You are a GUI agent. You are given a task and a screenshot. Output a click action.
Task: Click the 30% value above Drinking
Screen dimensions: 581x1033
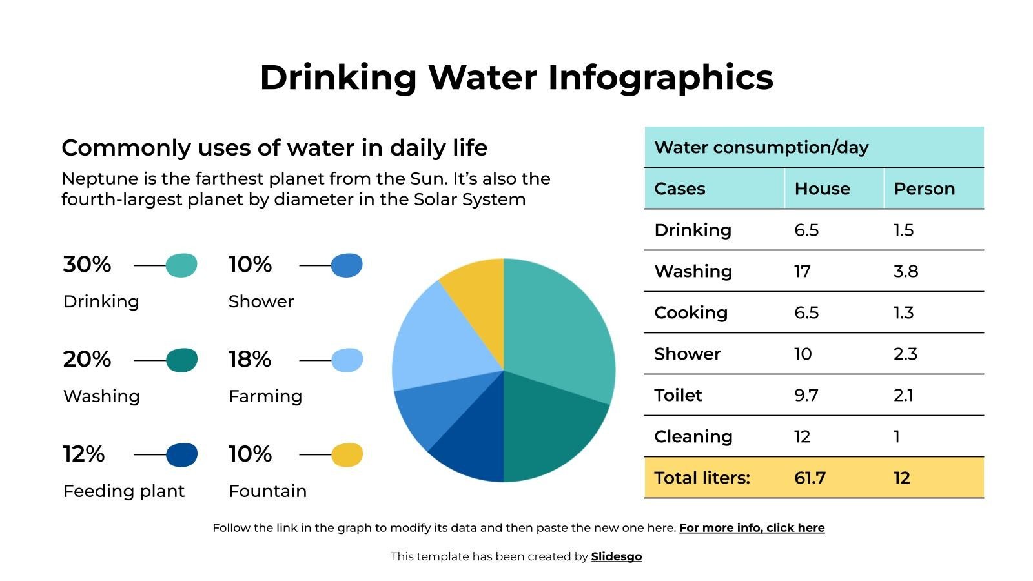tap(87, 265)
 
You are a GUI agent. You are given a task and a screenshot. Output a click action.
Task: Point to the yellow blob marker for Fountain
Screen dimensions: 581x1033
tap(347, 455)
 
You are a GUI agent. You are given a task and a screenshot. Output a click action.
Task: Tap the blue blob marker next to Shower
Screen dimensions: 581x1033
tap(347, 265)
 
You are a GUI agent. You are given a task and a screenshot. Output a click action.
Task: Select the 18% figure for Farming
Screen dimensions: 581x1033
tap(250, 360)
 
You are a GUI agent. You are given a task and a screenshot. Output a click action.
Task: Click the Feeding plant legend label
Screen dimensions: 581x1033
tap(124, 491)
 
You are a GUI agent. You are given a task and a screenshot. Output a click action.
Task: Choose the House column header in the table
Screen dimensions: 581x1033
tap(822, 189)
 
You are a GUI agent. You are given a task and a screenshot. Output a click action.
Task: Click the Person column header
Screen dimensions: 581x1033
tap(924, 189)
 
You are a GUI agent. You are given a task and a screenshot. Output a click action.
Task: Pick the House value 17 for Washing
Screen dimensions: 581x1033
tap(803, 271)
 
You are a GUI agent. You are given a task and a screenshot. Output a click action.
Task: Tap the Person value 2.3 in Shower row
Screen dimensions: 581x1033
tap(905, 354)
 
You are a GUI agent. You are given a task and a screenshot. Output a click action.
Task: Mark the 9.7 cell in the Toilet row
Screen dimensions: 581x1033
tap(806, 395)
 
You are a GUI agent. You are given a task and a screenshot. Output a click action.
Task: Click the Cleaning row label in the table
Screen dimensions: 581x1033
tap(693, 436)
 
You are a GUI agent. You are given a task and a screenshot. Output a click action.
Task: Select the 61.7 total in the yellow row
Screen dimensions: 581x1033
tap(810, 478)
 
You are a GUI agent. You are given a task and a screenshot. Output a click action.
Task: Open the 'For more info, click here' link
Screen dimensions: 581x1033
tap(752, 528)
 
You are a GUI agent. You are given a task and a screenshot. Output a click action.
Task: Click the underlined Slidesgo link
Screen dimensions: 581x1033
tap(616, 556)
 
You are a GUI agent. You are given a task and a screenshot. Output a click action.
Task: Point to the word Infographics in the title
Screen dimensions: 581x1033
tap(660, 77)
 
